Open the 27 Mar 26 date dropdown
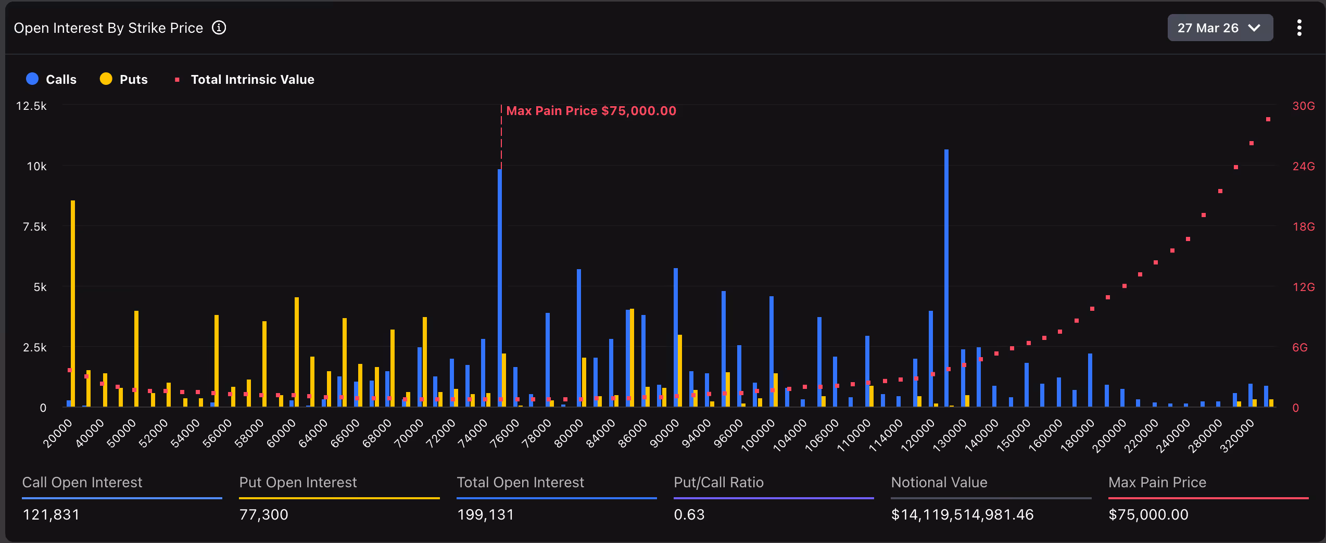[1219, 28]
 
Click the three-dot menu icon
[1299, 28]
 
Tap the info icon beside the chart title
[219, 28]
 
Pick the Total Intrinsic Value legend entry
[245, 79]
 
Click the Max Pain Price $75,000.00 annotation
[590, 111]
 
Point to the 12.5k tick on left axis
[31, 106]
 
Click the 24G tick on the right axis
[1303, 167]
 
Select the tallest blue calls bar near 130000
[946, 276]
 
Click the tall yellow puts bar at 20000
[73, 302]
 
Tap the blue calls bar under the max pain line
[500, 286]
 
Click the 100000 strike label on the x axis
[758, 435]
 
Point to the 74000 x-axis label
[473, 433]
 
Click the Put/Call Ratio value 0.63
[689, 514]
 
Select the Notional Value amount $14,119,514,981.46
[962, 514]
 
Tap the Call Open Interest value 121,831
[51, 514]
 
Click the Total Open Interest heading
[520, 483]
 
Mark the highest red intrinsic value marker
[1268, 120]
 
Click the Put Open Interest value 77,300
[263, 514]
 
